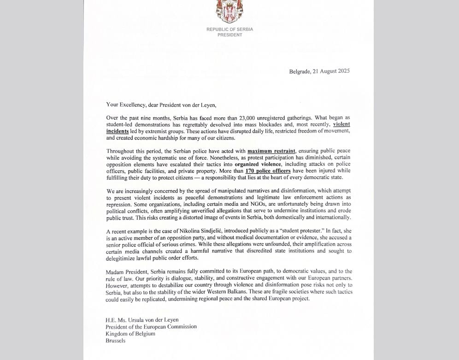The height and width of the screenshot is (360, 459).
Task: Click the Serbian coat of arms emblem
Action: (229, 12)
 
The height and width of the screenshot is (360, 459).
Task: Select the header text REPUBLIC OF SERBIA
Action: (229, 29)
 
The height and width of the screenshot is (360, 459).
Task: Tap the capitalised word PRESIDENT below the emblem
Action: (229, 35)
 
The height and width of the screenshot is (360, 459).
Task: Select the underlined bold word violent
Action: (341, 124)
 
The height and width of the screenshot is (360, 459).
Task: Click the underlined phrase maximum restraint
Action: (271, 151)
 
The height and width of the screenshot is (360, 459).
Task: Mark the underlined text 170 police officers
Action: (268, 171)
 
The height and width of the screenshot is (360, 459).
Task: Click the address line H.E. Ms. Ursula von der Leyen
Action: (142, 320)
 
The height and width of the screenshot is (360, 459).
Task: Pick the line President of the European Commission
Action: (151, 327)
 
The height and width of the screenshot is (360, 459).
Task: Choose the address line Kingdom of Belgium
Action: (130, 334)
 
